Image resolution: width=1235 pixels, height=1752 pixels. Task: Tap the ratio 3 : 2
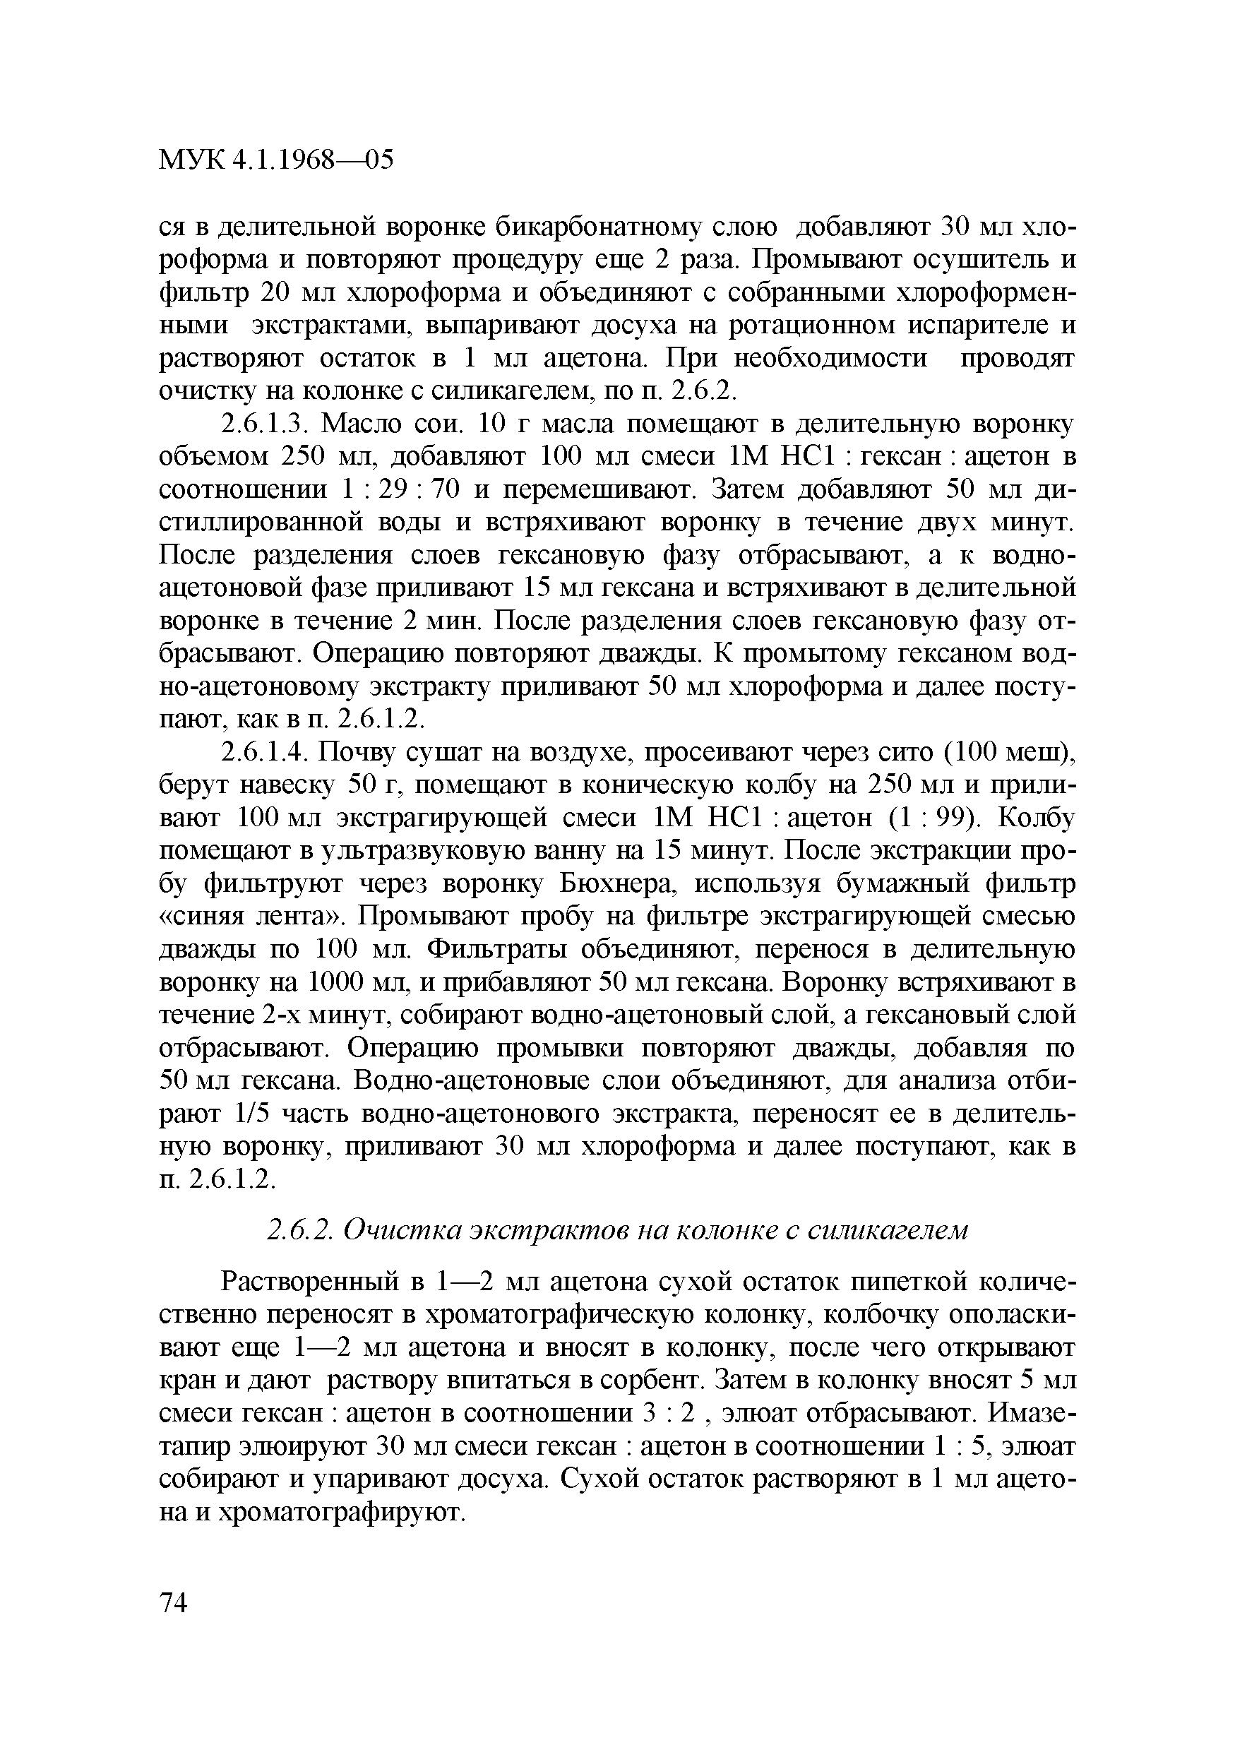tap(667, 1414)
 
